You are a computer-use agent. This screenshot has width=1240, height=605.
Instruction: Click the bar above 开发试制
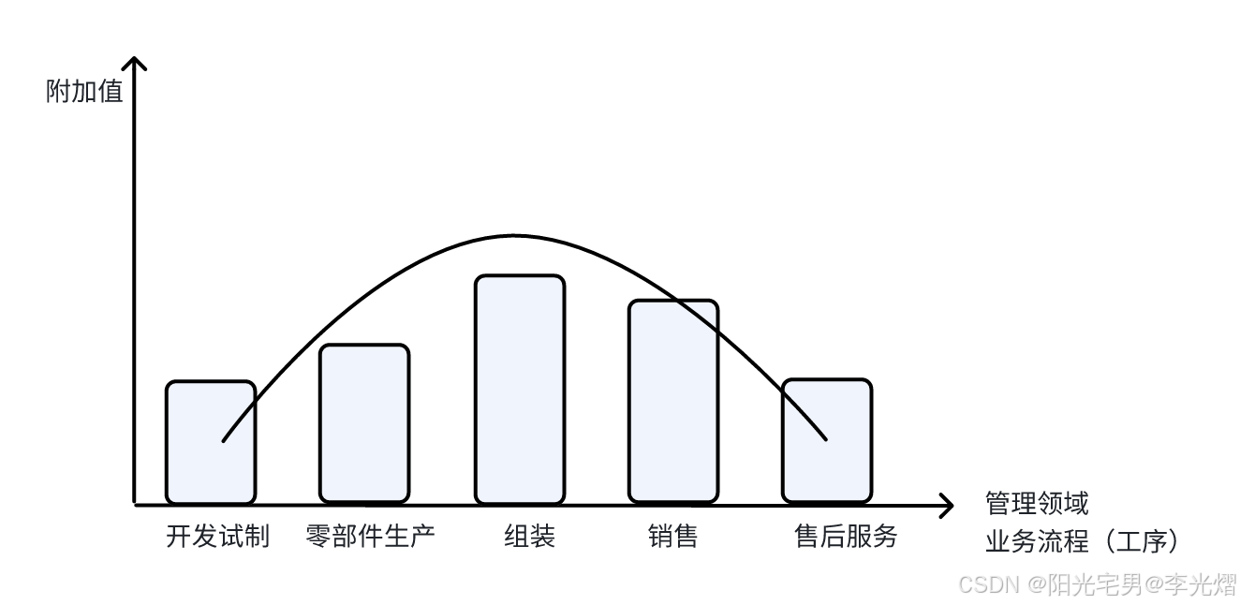pos(211,442)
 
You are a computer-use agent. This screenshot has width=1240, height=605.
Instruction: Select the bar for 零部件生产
pos(364,423)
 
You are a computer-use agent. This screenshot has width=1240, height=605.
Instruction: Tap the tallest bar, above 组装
pos(520,389)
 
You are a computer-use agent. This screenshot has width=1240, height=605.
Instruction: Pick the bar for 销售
pos(672,401)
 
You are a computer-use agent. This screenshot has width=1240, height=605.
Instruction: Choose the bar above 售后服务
pos(827,441)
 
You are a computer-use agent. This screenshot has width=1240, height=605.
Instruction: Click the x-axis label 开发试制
pos(217,537)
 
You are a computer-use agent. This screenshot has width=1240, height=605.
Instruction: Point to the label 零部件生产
pos(370,537)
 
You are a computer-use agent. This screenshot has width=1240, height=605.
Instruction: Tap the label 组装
pos(530,537)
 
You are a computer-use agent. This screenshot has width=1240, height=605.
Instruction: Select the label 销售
pos(672,537)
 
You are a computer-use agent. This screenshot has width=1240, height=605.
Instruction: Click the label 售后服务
pos(846,537)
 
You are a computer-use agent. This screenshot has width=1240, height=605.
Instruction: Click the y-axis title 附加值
pos(84,92)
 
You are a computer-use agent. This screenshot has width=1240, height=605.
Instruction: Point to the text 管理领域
pos(1037,504)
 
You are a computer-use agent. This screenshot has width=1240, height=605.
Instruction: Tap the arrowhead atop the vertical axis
pos(136,62)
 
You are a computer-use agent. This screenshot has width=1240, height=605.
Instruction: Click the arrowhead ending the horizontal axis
pos(948,507)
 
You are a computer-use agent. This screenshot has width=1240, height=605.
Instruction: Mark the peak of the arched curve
pos(513,235)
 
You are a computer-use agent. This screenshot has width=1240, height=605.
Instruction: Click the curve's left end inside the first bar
pos(224,439)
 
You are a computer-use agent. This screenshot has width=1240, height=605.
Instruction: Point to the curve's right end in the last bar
pos(825,437)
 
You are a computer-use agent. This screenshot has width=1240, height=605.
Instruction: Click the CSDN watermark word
pos(989,585)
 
